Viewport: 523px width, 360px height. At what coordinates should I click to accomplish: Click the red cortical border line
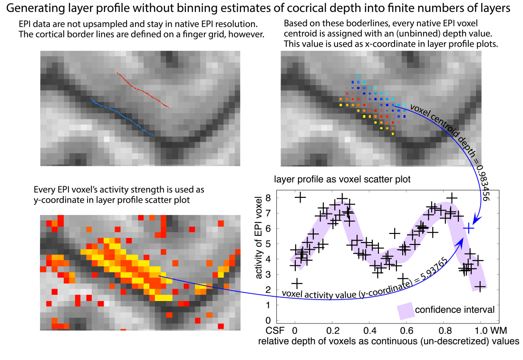point(143,90)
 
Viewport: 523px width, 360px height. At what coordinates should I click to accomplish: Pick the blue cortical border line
point(122,117)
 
